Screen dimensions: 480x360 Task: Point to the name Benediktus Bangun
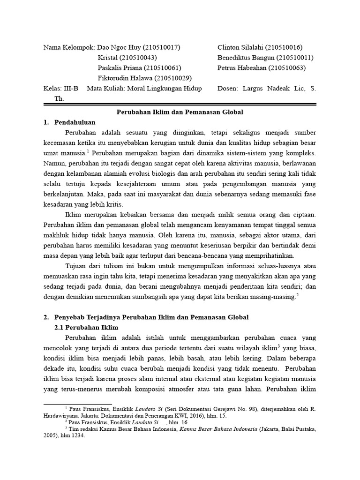(x=245, y=58)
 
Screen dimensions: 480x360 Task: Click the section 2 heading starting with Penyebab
(x=151, y=317)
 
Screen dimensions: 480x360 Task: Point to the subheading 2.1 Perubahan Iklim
(x=87, y=327)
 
